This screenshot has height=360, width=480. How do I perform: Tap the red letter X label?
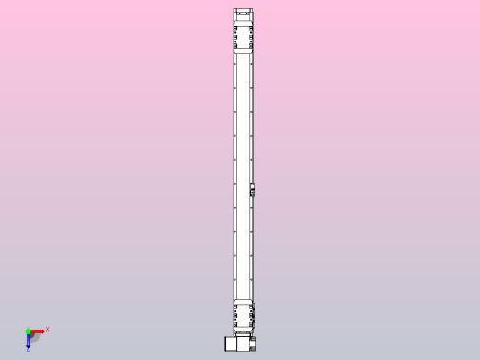click(47, 329)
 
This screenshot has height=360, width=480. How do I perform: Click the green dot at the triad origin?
click(29, 330)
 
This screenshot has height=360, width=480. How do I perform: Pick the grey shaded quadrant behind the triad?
click(34, 337)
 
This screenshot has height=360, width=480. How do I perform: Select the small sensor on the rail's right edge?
click(252, 191)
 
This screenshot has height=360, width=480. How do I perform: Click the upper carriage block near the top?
click(244, 37)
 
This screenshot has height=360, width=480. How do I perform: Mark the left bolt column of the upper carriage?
click(236, 37)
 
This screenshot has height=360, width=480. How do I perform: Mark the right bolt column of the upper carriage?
click(251, 37)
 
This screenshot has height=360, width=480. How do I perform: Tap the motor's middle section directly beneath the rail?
click(243, 342)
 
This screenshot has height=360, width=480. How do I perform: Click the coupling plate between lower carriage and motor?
click(244, 331)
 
